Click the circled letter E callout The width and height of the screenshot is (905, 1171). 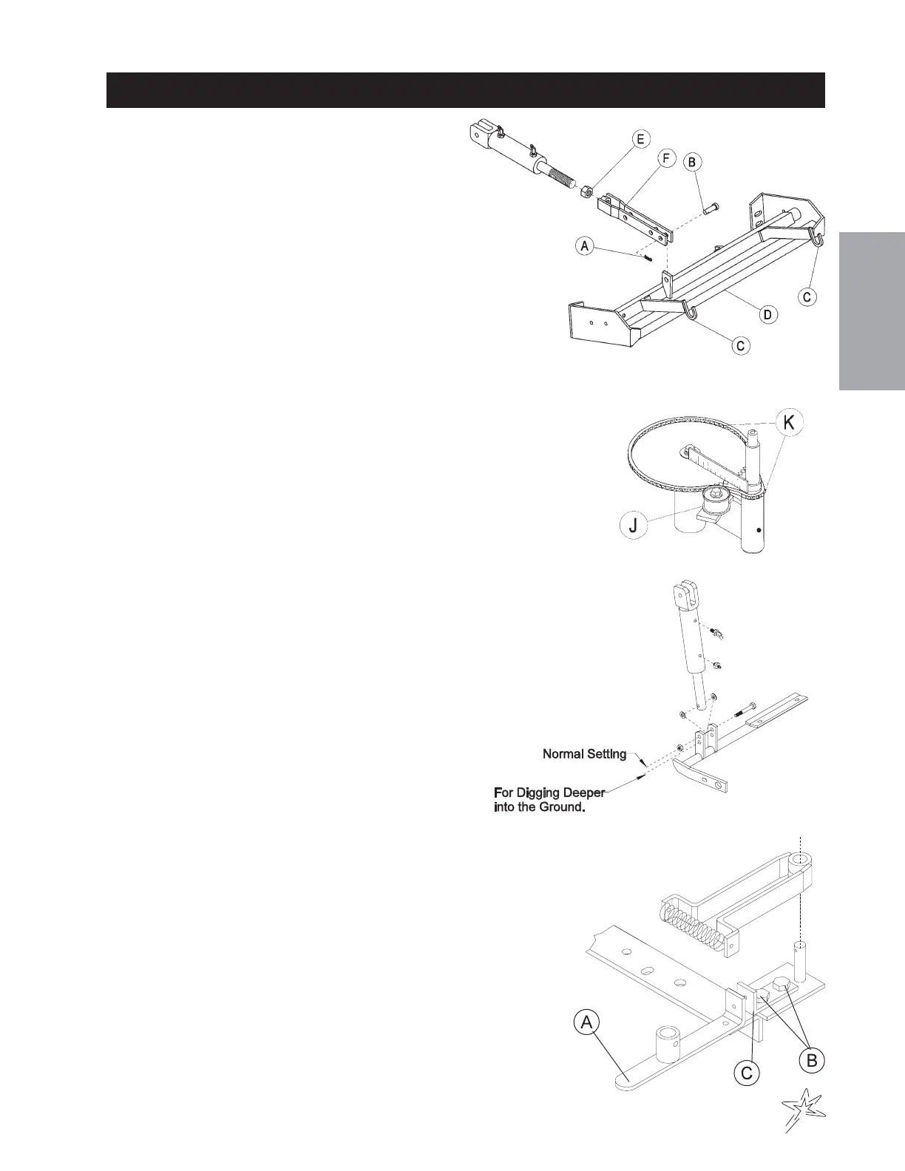(640, 139)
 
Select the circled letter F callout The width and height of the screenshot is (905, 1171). (666, 157)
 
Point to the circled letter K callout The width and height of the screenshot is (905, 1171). (789, 423)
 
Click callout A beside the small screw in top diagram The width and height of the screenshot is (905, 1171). (586, 246)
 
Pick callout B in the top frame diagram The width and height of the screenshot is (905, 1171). (692, 162)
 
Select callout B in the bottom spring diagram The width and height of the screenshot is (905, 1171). (812, 1060)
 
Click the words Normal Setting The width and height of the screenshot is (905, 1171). (584, 754)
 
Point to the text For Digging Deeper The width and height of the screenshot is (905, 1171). (549, 792)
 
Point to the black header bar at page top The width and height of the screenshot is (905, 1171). (465, 90)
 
